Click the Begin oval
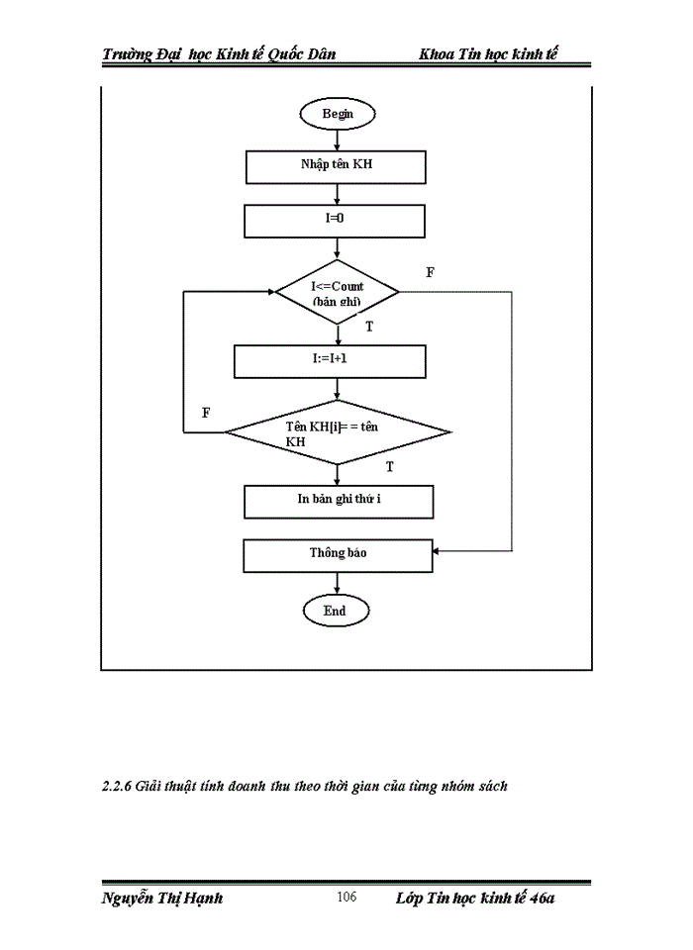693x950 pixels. tap(337, 114)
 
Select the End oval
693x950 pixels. tap(336, 611)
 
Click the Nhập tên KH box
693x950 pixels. tap(336, 166)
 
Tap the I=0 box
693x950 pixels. tap(335, 220)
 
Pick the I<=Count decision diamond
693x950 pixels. tap(337, 293)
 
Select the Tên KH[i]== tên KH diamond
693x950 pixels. tap(338, 432)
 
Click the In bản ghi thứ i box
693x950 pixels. tap(339, 500)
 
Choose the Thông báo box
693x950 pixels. tap(338, 554)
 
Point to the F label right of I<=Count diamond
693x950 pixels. tap(430, 272)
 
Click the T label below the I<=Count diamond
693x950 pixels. tap(369, 327)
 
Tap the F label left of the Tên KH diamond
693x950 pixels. tap(206, 413)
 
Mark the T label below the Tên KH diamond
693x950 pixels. tap(389, 466)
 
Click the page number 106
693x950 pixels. tap(346, 898)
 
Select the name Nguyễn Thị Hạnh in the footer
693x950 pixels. tap(162, 899)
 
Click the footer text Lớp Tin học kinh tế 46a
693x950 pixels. tap(474, 899)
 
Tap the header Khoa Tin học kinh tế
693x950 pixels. tap(488, 53)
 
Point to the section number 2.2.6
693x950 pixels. tap(117, 787)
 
